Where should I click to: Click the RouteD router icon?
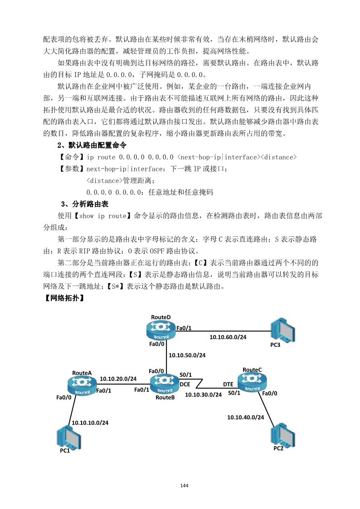point(161,330)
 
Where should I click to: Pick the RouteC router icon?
point(252,383)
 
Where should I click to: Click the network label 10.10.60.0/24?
point(228,337)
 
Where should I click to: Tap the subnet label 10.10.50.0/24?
point(187,355)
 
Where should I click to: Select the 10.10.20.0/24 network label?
point(118,378)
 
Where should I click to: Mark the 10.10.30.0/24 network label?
point(203,395)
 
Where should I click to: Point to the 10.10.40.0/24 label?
point(245,417)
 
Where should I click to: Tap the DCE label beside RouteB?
point(185,384)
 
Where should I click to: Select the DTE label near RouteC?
point(228,384)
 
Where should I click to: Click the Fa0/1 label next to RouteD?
point(183,328)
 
